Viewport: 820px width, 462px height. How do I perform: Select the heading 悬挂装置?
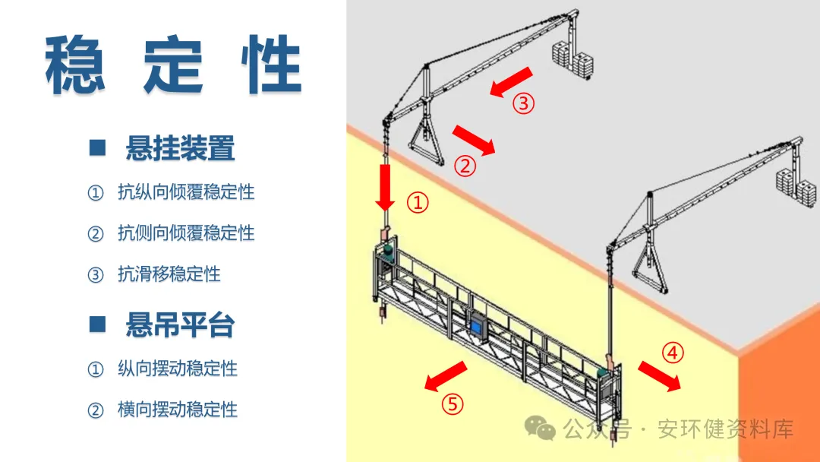click(180, 148)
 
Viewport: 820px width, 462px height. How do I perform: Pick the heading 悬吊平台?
click(180, 325)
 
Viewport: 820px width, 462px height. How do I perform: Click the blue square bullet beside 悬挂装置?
click(97, 147)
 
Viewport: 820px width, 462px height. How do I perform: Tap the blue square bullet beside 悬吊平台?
click(97, 324)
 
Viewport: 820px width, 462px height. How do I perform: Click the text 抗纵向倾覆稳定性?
click(186, 192)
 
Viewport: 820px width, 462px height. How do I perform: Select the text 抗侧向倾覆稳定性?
click(186, 233)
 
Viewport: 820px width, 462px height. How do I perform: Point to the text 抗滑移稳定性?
click(169, 274)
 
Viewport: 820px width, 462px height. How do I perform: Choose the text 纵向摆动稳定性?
click(178, 369)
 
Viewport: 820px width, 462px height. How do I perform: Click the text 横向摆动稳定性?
click(178, 410)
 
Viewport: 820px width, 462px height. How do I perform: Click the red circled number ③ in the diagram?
click(524, 103)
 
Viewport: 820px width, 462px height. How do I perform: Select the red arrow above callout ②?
click(474, 140)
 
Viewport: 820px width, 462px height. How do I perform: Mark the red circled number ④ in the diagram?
click(673, 353)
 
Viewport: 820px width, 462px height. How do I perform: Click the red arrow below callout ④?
click(658, 376)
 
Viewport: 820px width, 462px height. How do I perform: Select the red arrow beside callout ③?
click(511, 82)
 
